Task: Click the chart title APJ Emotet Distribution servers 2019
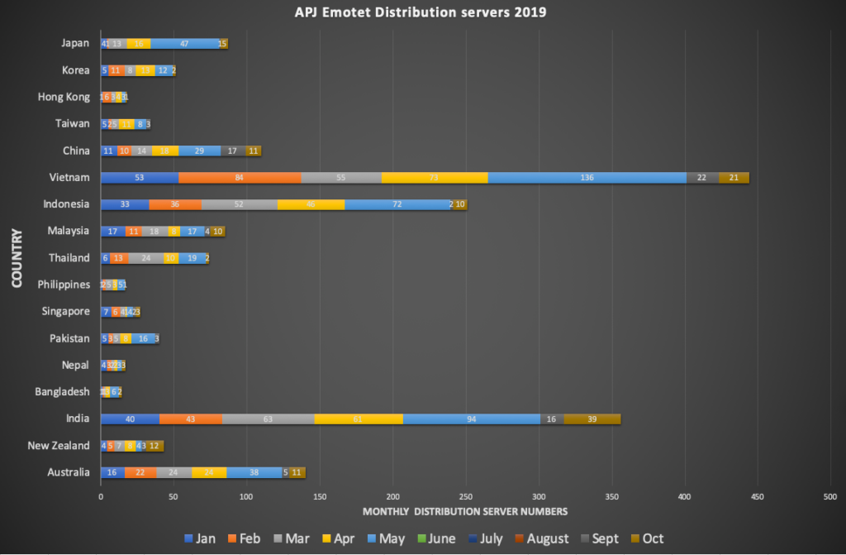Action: click(421, 12)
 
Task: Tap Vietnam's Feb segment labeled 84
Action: click(240, 178)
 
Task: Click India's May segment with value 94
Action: click(472, 419)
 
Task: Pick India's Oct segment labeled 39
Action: click(592, 419)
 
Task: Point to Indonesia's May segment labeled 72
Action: click(397, 204)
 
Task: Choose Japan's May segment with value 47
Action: click(184, 44)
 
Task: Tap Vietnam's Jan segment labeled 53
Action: click(139, 178)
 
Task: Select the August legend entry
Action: click(542, 538)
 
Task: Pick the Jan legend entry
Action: click(198, 538)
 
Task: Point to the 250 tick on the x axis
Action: click(465, 496)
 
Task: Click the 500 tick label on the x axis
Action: click(829, 496)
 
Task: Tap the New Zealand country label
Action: click(59, 446)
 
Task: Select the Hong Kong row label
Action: click(64, 97)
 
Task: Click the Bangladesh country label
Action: click(62, 392)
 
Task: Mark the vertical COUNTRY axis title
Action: click(16, 258)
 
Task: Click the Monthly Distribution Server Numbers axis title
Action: click(465, 511)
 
